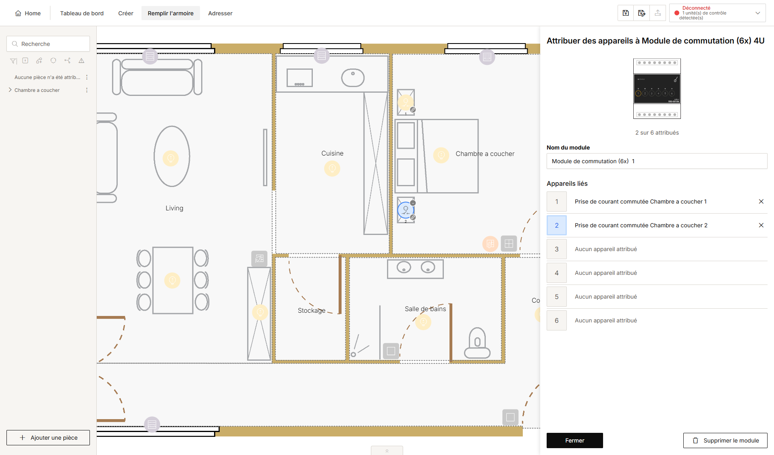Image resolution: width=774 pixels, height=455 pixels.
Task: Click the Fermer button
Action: click(x=574, y=440)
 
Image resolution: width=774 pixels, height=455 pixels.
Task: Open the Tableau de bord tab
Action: click(x=82, y=13)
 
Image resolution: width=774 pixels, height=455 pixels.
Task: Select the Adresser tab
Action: click(x=220, y=13)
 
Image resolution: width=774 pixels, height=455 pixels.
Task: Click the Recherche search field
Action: click(x=48, y=44)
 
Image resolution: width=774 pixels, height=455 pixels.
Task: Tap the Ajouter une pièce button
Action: click(x=48, y=438)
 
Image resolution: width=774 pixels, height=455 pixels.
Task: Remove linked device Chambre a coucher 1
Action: click(x=761, y=202)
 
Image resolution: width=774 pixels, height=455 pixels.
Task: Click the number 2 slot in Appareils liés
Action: click(x=557, y=225)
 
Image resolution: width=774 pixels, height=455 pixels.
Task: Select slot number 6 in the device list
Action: click(x=557, y=320)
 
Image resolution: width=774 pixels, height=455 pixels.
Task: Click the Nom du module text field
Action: click(x=657, y=161)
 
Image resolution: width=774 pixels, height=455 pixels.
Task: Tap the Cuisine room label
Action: click(x=333, y=154)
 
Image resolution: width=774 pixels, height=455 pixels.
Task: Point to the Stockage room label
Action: click(x=312, y=310)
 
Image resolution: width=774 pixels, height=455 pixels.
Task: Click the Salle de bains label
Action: click(x=425, y=309)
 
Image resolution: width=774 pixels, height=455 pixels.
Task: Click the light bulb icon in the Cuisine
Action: click(x=332, y=168)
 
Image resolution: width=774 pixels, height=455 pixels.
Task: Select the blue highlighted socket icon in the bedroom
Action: click(x=406, y=210)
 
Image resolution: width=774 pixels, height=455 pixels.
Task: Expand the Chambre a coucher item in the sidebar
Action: click(x=10, y=90)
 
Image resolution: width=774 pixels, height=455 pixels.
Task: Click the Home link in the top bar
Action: click(x=28, y=13)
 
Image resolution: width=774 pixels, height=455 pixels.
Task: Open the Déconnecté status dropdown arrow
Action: click(x=758, y=13)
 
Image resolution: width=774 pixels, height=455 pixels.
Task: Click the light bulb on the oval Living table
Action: click(x=171, y=158)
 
